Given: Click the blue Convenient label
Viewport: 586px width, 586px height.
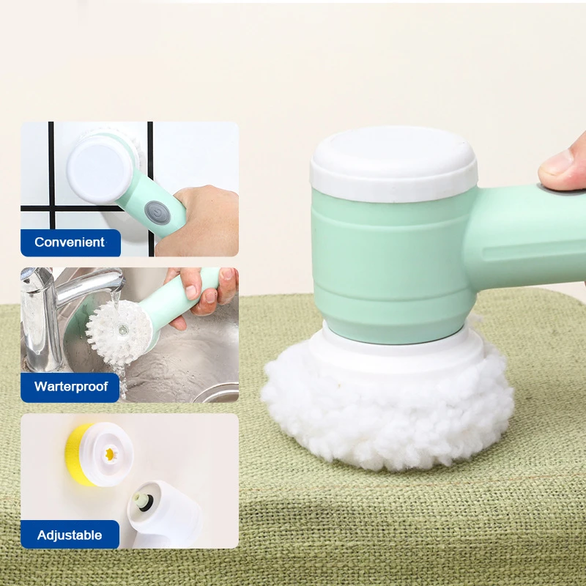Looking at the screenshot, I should pos(70,242).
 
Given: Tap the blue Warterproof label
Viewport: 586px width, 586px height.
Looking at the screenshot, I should pos(70,387).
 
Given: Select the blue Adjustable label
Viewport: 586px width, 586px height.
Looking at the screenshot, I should pos(70,535).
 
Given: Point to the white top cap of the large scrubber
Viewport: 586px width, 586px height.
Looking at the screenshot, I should pos(393,164).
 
